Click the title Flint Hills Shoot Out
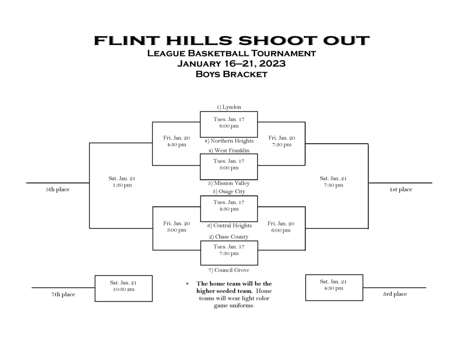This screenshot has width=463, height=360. click(231, 40)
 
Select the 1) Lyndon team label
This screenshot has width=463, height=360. click(229, 107)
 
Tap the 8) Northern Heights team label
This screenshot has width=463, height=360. click(229, 141)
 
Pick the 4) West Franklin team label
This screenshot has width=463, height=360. click(229, 150)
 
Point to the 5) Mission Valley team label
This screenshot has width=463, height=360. click(229, 183)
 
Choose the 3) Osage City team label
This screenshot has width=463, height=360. click(229, 192)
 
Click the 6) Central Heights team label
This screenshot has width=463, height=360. click(229, 226)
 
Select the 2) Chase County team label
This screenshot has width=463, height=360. click(229, 237)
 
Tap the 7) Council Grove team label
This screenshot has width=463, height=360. click(229, 270)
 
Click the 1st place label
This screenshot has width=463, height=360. click(401, 189)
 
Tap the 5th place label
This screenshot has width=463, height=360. click(57, 189)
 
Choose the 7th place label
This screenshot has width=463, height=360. click(63, 295)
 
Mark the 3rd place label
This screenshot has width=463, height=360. click(395, 294)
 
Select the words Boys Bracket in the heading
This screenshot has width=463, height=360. click(231, 74)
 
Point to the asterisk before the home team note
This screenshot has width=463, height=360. click(187, 284)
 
